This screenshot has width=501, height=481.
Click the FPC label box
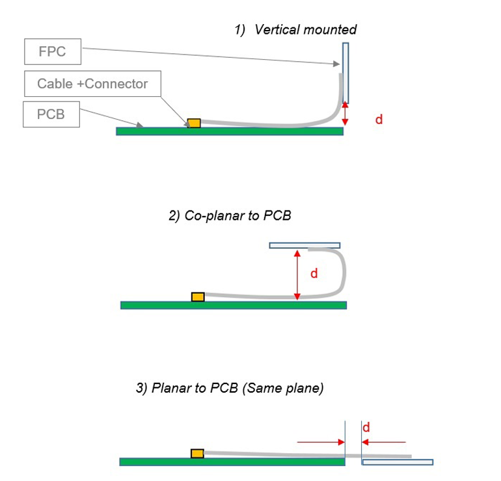pyautogui.click(x=52, y=52)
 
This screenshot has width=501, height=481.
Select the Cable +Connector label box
pyautogui.click(x=92, y=84)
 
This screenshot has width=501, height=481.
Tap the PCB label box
pyautogui.click(x=51, y=114)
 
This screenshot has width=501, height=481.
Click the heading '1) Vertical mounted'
pyautogui.click(x=296, y=29)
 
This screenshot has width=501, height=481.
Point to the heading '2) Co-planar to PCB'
pyautogui.click(x=230, y=216)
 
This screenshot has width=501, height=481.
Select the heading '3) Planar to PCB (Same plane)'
pyautogui.click(x=230, y=389)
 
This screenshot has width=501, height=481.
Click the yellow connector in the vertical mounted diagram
pyautogui.click(x=194, y=123)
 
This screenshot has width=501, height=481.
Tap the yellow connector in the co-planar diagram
pyautogui.click(x=198, y=297)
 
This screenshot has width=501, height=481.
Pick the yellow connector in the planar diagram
pyautogui.click(x=197, y=453)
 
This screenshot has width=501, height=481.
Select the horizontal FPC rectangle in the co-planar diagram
pyautogui.click(x=305, y=245)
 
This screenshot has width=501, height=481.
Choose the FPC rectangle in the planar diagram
pyautogui.click(x=397, y=462)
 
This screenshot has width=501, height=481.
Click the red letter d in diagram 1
pyautogui.click(x=379, y=119)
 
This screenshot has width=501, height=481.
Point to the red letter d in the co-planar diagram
pyautogui.click(x=314, y=274)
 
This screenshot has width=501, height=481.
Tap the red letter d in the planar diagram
pyautogui.click(x=366, y=428)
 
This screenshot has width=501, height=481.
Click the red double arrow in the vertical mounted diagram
pyautogui.click(x=345, y=114)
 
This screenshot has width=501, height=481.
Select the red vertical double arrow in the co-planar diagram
pyautogui.click(x=297, y=275)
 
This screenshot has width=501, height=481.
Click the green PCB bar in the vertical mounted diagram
pyautogui.click(x=229, y=131)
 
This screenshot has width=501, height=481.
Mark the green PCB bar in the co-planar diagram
pyautogui.click(x=233, y=305)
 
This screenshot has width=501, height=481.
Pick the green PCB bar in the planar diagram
pyautogui.click(x=232, y=461)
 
